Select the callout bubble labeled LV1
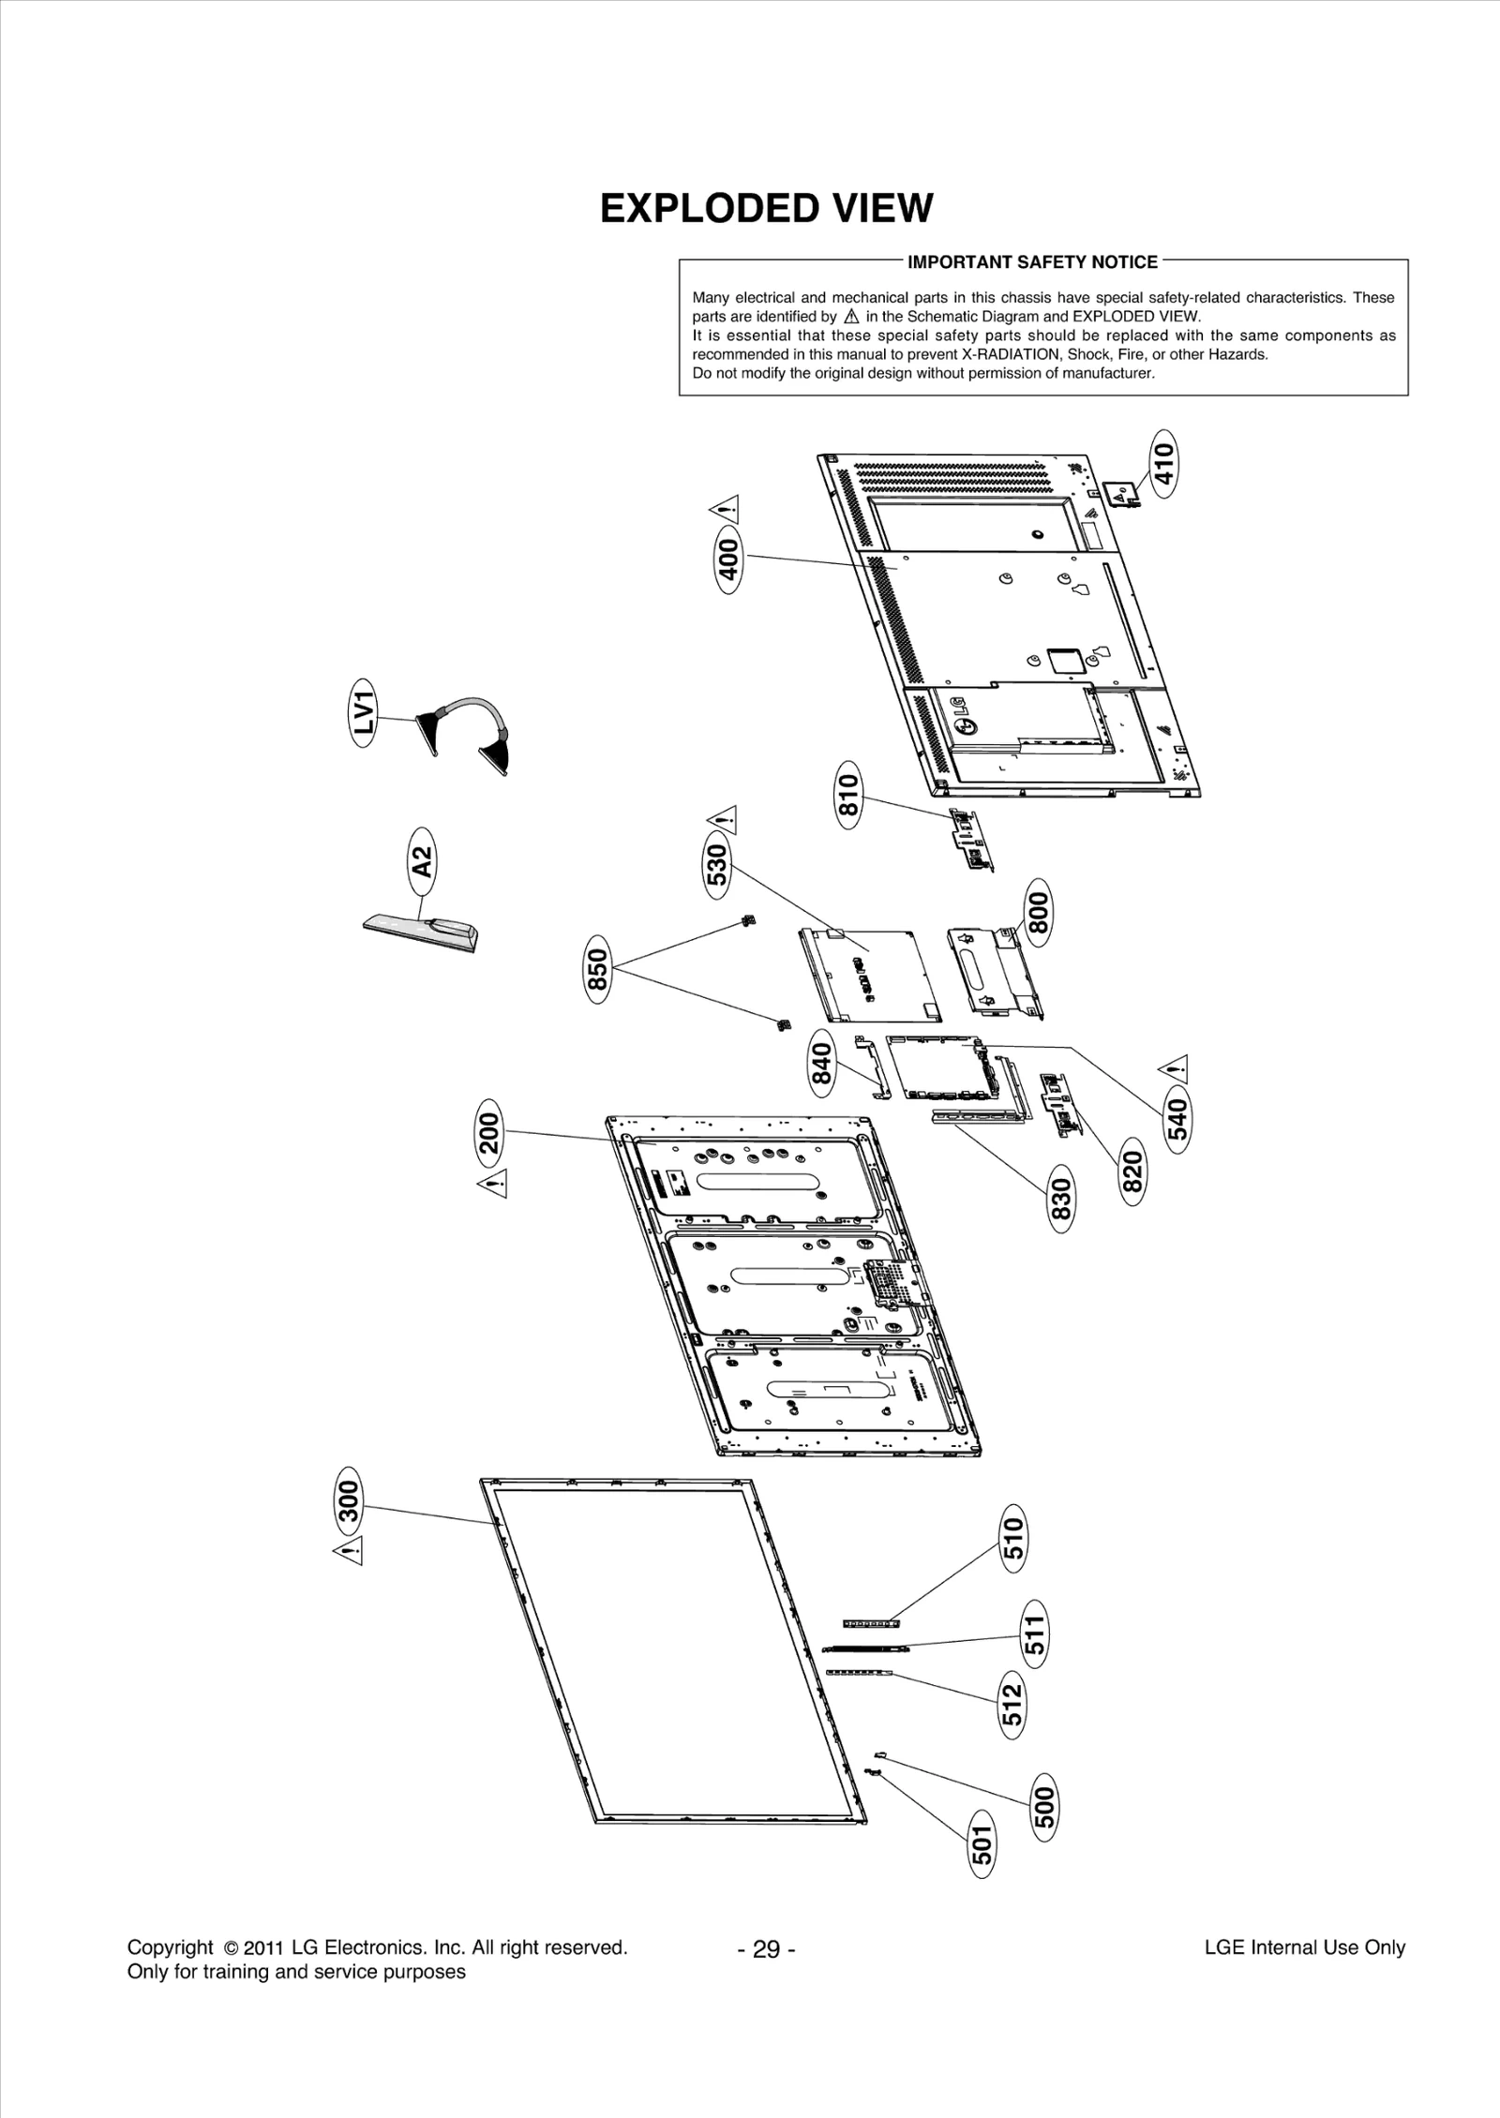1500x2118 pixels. pos(365,715)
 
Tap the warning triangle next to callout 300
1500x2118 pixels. pos(349,1551)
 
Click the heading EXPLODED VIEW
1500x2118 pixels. pos(766,208)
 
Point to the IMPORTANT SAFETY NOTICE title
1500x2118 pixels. pos(1032,262)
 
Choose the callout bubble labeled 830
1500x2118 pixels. pos(1060,1203)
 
